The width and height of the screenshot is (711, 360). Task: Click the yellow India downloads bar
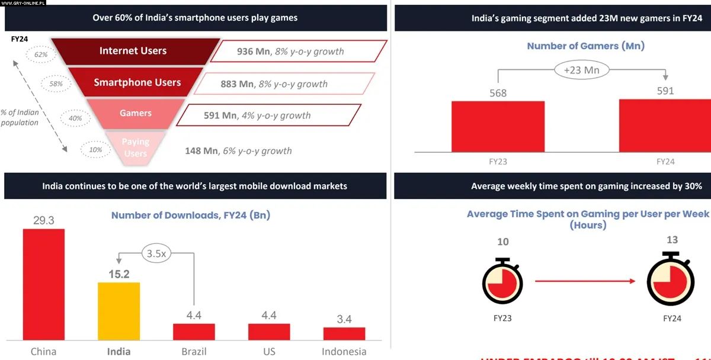pos(118,311)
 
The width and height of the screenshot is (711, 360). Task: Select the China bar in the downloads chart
pos(43,284)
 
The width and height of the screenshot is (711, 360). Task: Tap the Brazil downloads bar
pos(194,332)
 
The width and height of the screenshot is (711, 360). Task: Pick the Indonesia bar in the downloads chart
pos(344,333)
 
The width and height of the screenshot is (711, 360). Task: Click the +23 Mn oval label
pos(581,70)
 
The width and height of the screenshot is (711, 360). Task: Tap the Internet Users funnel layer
pos(133,51)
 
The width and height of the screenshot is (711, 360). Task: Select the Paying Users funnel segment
pos(135,147)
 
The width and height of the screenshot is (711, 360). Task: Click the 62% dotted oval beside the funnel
pos(41,54)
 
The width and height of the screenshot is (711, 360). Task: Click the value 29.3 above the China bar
pos(44,220)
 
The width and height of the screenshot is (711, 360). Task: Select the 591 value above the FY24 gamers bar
pos(665,91)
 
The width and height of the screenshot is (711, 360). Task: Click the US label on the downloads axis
pos(269,351)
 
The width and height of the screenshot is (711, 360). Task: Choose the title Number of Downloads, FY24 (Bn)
pos(191,215)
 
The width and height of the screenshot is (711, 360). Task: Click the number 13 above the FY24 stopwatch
pos(671,240)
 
